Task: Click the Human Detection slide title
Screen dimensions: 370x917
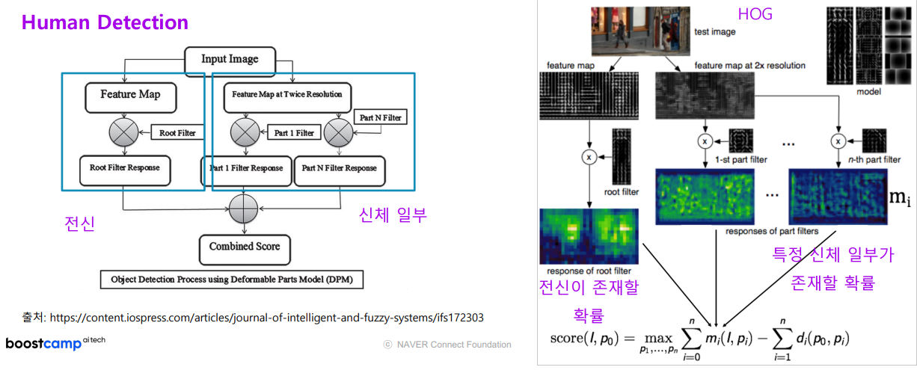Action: pyautogui.click(x=104, y=22)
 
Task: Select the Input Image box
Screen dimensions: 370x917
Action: pyautogui.click(x=230, y=58)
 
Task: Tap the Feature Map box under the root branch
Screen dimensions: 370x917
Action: pyautogui.click(x=130, y=95)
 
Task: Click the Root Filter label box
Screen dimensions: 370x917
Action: pyautogui.click(x=177, y=133)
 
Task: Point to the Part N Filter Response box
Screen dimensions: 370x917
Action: pyautogui.click(x=339, y=168)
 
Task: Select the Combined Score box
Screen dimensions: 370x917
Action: pyautogui.click(x=245, y=247)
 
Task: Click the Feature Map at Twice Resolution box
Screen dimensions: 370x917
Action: pyautogui.click(x=287, y=95)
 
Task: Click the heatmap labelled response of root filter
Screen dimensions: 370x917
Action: pyautogui.click(x=588, y=236)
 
